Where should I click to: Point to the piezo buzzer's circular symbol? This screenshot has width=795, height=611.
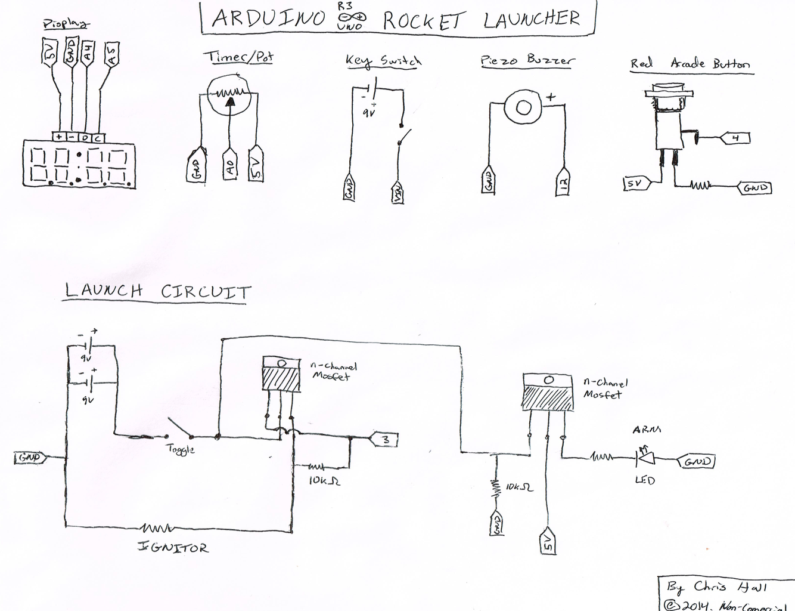pos(523,107)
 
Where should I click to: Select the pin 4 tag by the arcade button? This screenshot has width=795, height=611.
pos(735,138)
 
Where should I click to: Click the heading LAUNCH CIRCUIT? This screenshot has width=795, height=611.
pos(158,291)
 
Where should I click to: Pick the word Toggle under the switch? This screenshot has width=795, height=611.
pos(180,449)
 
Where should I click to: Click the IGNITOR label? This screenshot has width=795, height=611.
pos(173,547)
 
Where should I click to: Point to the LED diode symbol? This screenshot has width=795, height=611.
pos(645,458)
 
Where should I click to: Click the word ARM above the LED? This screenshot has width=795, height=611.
pos(647,430)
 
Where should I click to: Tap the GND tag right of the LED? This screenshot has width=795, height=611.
pos(697,461)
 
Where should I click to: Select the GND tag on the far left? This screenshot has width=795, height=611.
pos(30,458)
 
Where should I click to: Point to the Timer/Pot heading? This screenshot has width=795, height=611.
pos(238,57)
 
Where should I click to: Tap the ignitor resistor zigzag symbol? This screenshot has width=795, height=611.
pos(157,527)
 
